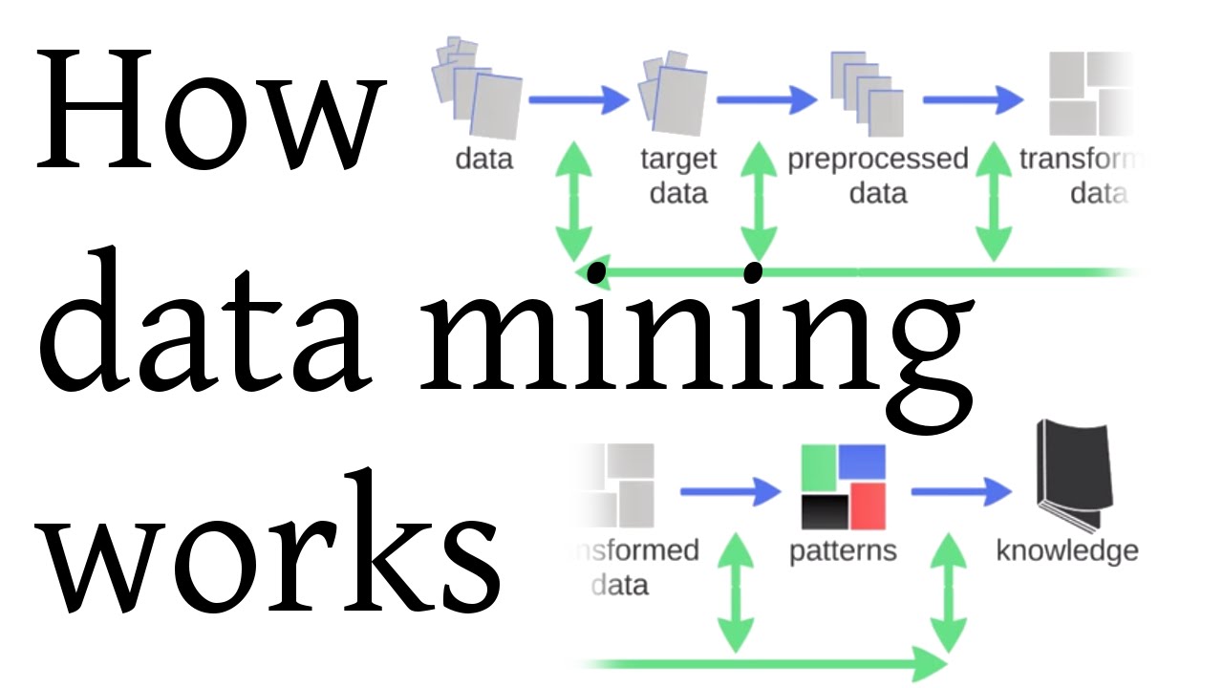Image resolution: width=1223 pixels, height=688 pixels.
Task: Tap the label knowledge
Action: pos(1067,551)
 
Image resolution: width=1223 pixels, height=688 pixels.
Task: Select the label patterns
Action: pos(844,551)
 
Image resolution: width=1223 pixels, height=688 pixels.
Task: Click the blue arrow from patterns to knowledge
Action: pos(960,492)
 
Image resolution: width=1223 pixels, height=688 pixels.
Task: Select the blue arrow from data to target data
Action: pos(579,98)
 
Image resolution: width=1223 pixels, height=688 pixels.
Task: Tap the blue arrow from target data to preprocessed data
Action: pos(766,98)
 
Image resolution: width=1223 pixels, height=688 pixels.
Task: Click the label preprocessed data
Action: pos(877,176)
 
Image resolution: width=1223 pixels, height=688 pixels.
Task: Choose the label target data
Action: pos(677,176)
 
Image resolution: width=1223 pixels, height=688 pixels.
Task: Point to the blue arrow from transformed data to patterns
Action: pos(731,492)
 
